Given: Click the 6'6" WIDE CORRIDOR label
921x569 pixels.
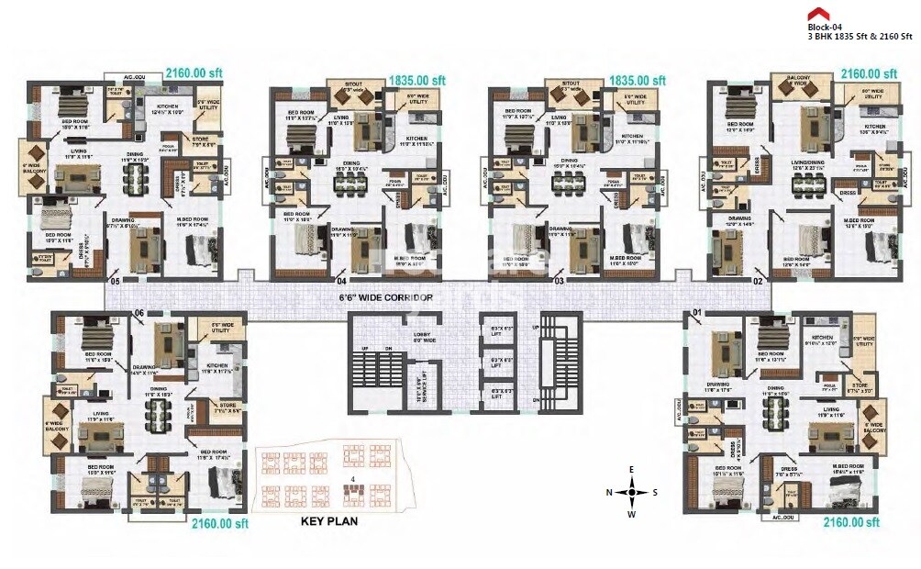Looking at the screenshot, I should (385, 298).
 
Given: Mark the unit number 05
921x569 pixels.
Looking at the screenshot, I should (115, 281).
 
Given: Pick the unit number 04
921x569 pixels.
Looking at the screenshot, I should (341, 281).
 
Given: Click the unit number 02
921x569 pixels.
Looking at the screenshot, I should (759, 281).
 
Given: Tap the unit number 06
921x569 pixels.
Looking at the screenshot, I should (140, 313).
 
